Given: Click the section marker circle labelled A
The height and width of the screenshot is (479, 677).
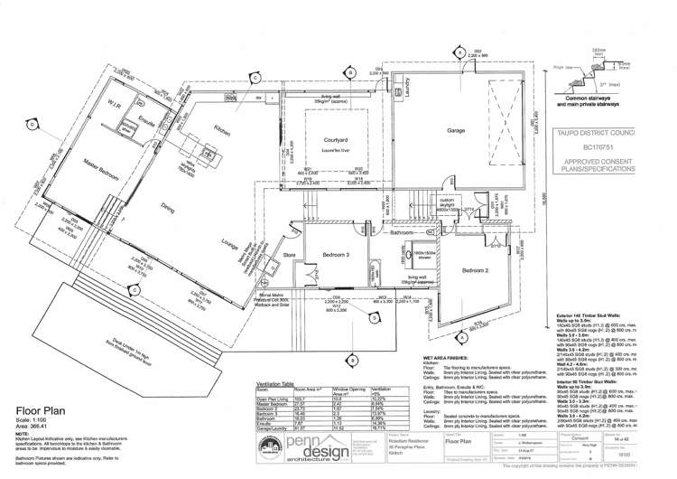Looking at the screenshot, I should tap(459, 52).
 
